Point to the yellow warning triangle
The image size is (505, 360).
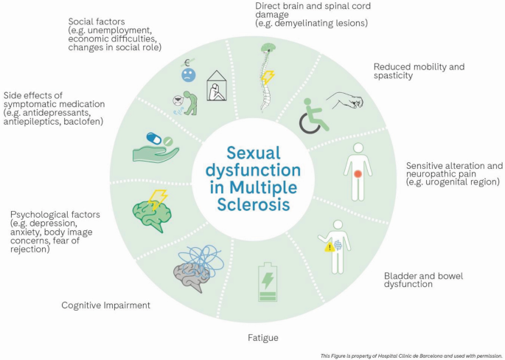tap(330, 247)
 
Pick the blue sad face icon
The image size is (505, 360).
tap(189, 74)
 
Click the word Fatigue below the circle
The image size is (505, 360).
tap(262, 339)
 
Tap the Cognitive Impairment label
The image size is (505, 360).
tap(105, 305)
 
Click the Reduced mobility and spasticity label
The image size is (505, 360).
tap(419, 71)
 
